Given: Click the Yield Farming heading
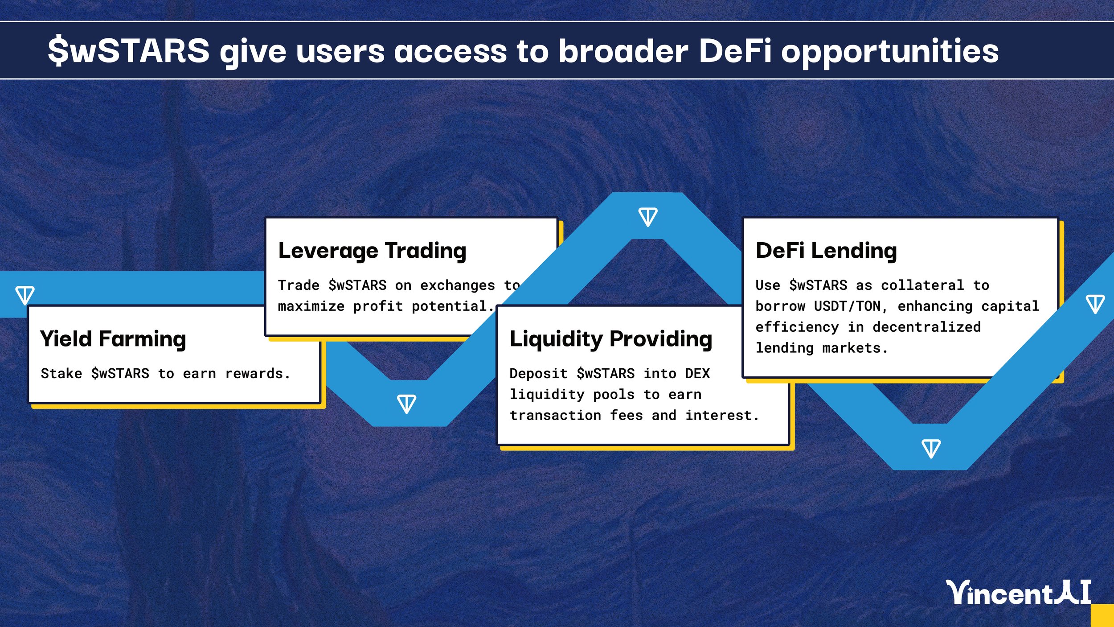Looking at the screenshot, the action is click(113, 339).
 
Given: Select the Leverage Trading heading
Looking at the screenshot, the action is click(372, 251).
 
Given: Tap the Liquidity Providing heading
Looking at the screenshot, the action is click(611, 339).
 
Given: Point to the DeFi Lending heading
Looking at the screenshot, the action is click(826, 251).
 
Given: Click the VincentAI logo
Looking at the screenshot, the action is click(1019, 593).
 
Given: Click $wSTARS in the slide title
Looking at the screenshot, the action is click(129, 51).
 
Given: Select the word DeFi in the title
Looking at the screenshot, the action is click(735, 51).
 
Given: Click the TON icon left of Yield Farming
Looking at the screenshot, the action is click(25, 295).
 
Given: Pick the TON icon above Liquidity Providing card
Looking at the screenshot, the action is click(647, 217).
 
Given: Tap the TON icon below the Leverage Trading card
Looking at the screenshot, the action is click(406, 404).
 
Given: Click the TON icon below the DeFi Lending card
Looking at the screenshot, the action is click(931, 448).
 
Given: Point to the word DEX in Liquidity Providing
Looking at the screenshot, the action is click(697, 374).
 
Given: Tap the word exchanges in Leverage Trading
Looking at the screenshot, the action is click(457, 285).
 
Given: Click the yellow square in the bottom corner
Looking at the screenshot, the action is click(1103, 616).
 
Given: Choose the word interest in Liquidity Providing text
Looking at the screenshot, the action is click(722, 416).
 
